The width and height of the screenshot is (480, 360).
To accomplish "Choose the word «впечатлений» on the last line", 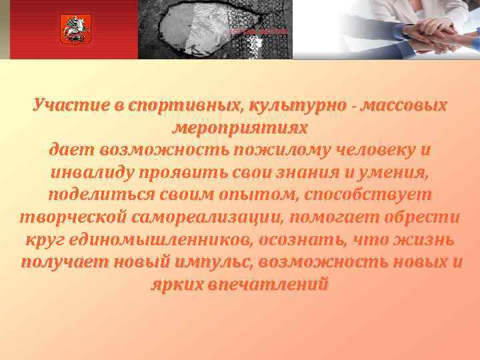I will point(267,285).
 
